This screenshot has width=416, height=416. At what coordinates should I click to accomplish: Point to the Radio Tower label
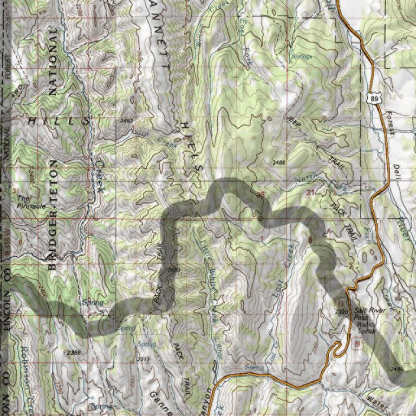coord(367,327)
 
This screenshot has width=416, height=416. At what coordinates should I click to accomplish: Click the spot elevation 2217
coord(143,360)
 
